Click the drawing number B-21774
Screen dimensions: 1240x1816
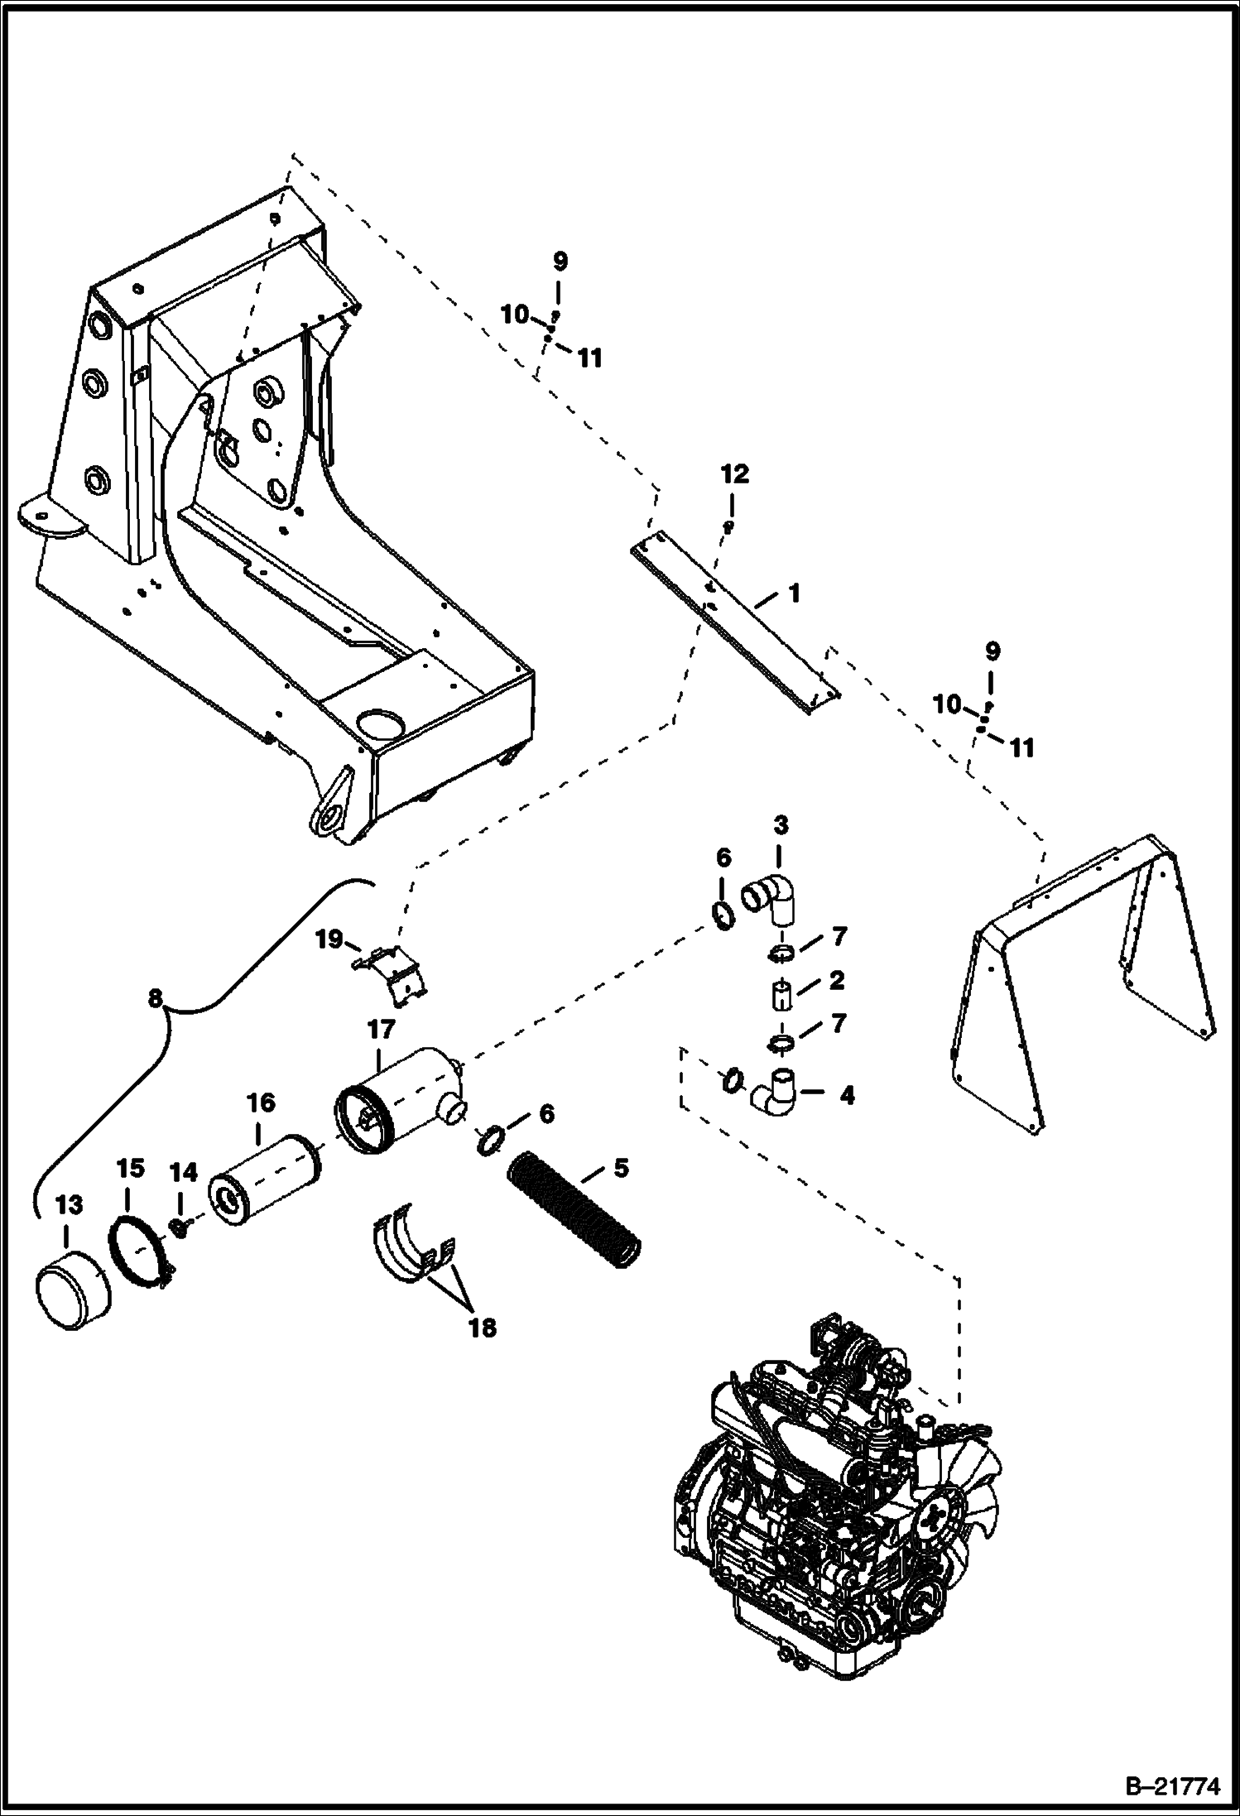click(x=1175, y=1788)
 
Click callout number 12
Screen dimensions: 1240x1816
click(x=735, y=474)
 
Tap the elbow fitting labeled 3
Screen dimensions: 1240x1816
click(x=769, y=901)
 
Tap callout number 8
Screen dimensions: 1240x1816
click(x=155, y=999)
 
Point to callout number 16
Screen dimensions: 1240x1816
click(x=259, y=1103)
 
